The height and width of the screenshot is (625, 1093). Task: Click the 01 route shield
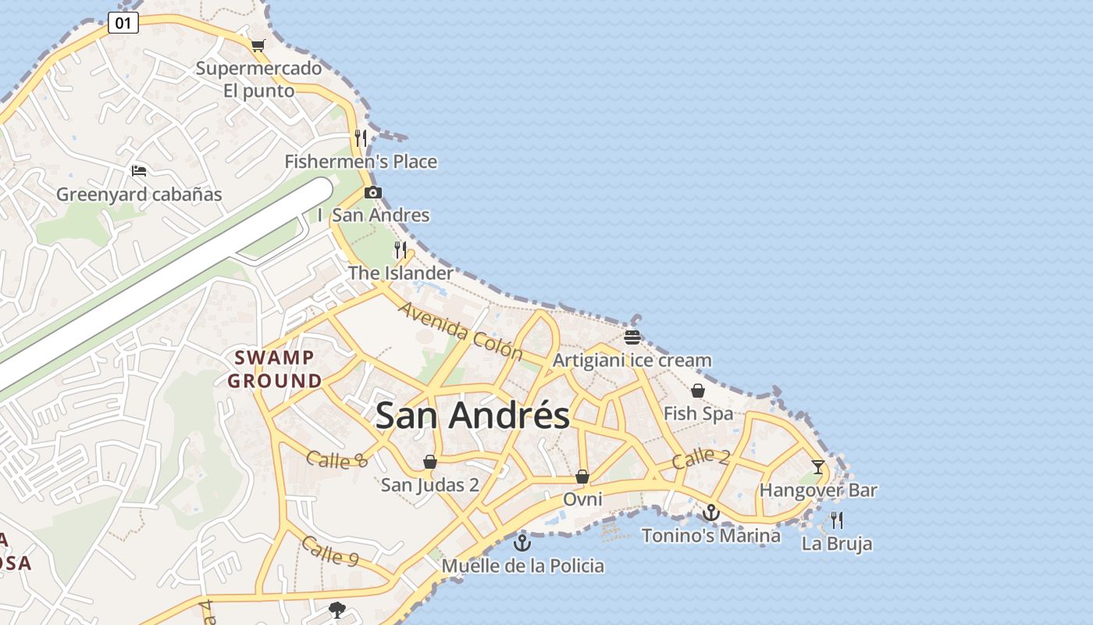[123, 23]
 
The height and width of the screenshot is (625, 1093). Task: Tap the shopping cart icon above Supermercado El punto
[258, 45]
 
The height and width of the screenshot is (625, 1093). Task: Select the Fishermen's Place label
[361, 162]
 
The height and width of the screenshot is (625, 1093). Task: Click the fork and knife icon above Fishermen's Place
[361, 138]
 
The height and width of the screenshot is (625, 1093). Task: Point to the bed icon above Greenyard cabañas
[139, 170]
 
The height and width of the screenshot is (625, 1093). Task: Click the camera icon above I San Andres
[373, 192]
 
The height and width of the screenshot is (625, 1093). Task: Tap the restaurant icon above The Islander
[401, 250]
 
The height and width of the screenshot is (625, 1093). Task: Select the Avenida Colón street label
[461, 331]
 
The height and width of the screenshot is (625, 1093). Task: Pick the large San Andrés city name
[472, 415]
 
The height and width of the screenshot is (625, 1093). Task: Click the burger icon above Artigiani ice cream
[632, 337]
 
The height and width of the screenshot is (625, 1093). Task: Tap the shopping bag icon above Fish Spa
[698, 390]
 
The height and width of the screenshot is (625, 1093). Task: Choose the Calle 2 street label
[700, 458]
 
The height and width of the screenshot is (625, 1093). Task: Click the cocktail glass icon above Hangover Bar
[818, 467]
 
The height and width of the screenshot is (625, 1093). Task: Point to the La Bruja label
[837, 544]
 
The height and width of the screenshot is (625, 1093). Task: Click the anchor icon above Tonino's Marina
[710, 512]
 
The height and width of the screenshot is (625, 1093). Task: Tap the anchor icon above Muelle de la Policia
[522, 542]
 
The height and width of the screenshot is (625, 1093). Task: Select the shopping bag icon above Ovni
[582, 476]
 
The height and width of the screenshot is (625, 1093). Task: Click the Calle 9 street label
[329, 551]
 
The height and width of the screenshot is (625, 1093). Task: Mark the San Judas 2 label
[429, 485]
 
